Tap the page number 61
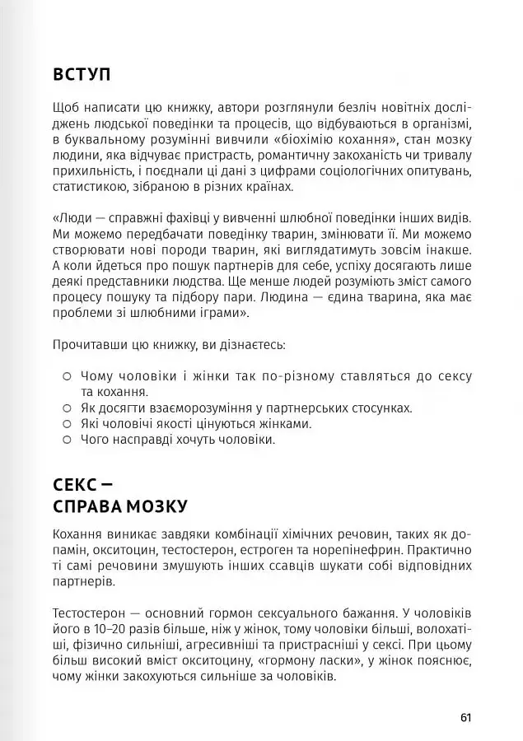click(x=465, y=717)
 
